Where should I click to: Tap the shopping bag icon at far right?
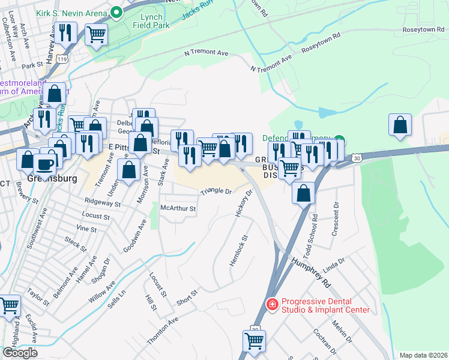[x=399, y=124]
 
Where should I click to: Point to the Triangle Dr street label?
[x=216, y=191]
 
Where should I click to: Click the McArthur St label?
[x=178, y=209]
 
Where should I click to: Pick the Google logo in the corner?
[x=20, y=353]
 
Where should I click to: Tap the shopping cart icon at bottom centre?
[x=254, y=340]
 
